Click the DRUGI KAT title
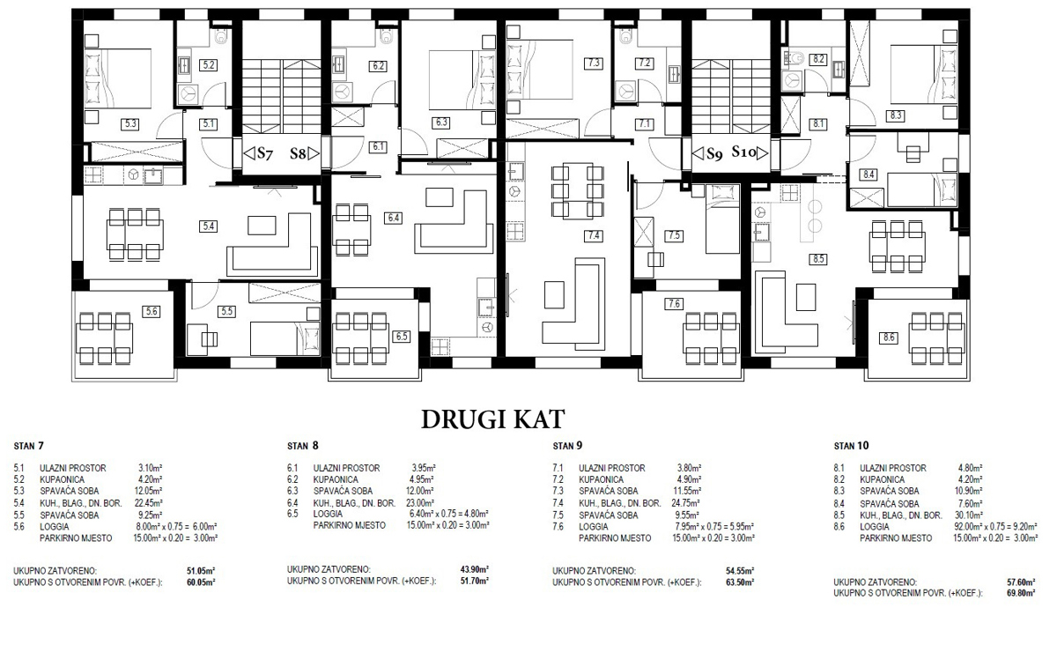[x=492, y=419]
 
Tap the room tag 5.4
[x=208, y=226]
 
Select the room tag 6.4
[x=394, y=219]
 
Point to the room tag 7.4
[x=593, y=235]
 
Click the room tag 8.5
[x=817, y=259]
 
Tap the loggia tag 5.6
[x=152, y=311]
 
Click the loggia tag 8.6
[x=889, y=337]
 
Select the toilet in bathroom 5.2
[x=221, y=35]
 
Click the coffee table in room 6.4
[x=440, y=197]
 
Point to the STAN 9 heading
[x=567, y=446]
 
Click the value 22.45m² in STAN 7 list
[x=148, y=503]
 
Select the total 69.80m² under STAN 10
[x=1021, y=593]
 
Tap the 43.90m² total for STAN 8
[x=475, y=570]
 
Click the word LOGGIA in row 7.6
[x=594, y=527]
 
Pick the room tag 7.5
[x=674, y=235]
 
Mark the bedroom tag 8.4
[x=869, y=174]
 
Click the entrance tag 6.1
[x=378, y=146]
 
